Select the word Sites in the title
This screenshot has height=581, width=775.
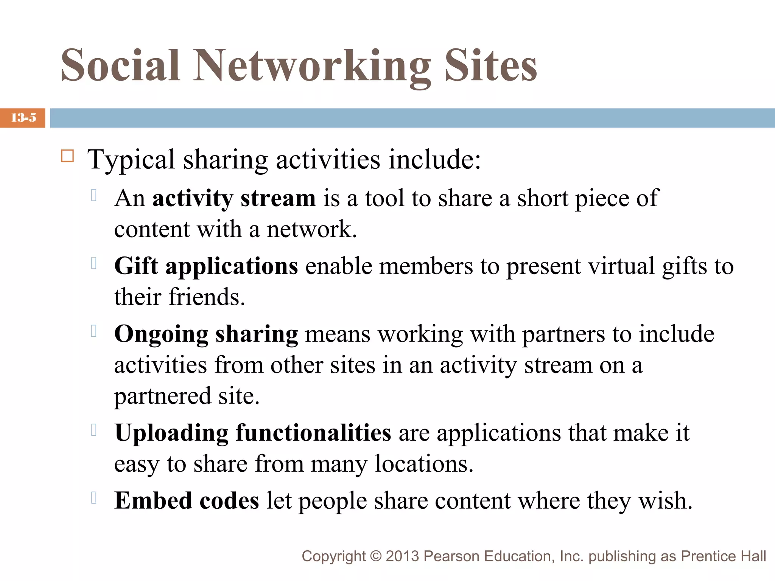coord(490,66)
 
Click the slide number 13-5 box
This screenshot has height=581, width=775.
coord(23,118)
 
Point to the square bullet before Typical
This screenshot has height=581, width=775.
coord(67,156)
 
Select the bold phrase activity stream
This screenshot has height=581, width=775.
coord(234,198)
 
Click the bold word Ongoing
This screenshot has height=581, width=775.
coord(161,335)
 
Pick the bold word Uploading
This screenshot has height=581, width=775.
coord(171,433)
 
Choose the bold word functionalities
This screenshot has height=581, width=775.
coord(313,433)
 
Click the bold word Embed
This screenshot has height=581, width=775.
coord(153,501)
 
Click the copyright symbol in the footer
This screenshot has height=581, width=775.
coord(375,556)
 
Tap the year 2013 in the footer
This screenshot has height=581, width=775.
coord(402,556)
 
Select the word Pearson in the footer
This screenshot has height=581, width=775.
coord(451,556)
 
